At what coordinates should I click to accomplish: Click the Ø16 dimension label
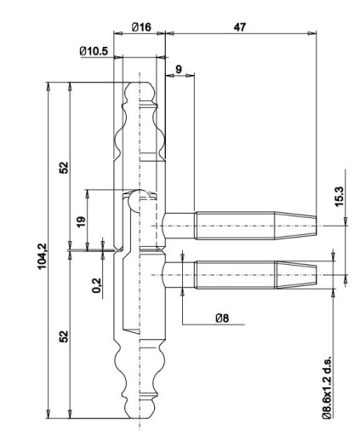click(141, 27)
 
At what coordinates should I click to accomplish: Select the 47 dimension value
click(240, 27)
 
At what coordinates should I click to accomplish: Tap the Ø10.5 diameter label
click(94, 51)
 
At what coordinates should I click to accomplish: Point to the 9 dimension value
click(179, 69)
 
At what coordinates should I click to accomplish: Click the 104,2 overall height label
click(43, 256)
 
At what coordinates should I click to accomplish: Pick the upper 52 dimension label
click(64, 168)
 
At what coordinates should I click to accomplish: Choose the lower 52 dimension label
click(64, 336)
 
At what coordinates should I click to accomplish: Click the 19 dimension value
click(81, 221)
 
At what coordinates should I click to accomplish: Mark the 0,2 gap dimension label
click(96, 285)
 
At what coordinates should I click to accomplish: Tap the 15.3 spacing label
click(339, 197)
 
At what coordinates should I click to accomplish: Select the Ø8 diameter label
click(222, 318)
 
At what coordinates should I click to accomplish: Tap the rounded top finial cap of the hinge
click(140, 91)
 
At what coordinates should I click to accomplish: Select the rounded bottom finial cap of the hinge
click(140, 410)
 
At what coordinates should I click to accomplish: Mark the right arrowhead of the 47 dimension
click(312, 33)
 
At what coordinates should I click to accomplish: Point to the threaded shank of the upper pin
click(235, 226)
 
